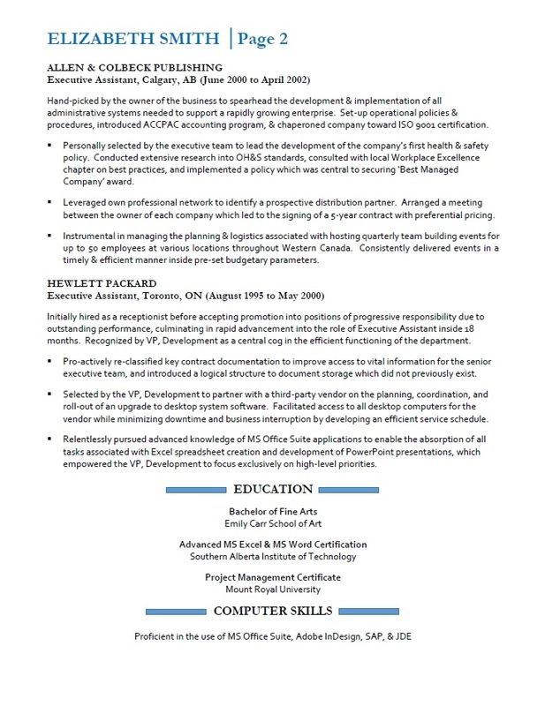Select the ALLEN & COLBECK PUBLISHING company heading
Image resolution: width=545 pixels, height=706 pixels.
click(x=134, y=67)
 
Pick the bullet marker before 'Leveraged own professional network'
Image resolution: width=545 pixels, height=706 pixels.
click(x=51, y=202)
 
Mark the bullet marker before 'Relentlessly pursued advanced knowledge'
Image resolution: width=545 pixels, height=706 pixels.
click(x=51, y=439)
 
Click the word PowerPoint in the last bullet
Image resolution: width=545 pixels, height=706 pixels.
click(x=358, y=451)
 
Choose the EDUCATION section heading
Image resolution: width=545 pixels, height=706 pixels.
click(x=272, y=489)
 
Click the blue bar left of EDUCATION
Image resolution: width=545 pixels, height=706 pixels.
click(x=195, y=490)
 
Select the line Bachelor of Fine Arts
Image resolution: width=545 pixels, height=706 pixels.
click(x=272, y=512)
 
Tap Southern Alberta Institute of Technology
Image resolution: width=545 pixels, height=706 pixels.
click(x=272, y=556)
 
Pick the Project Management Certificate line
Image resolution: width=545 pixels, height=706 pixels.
click(x=272, y=577)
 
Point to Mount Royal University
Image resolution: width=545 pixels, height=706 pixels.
click(x=272, y=589)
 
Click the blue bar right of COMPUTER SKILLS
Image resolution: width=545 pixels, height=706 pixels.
click(x=369, y=611)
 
